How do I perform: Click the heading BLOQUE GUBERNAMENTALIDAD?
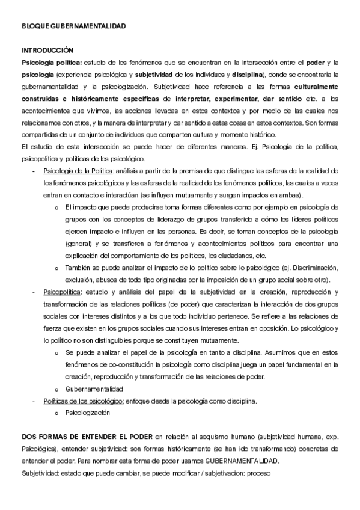point(74,26)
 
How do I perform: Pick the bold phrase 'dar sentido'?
point(284,98)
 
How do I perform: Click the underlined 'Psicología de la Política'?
point(75,171)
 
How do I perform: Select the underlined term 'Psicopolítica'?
point(62,292)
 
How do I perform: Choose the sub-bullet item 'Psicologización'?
point(88,413)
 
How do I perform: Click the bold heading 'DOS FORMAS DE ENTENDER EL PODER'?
point(87,437)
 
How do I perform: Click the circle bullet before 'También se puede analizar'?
point(56,268)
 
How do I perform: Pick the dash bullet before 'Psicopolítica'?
point(32,292)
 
